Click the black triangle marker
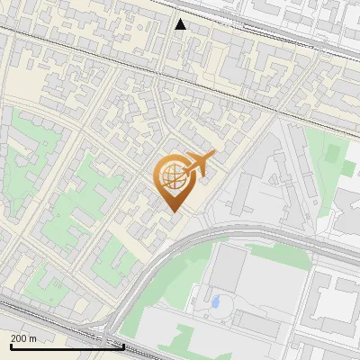pyautogui.click(x=181, y=24)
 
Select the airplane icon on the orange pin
pyautogui.click(x=199, y=165)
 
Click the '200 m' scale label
pyautogui.click(x=23, y=338)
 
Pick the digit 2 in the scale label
pyautogui.click(x=13, y=338)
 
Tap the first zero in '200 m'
pyautogui.click(x=19, y=338)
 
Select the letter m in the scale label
pyautogui.click(x=32, y=338)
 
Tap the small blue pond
pyautogui.click(x=216, y=301)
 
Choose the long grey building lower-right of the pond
pyautogui.click(x=261, y=324)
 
